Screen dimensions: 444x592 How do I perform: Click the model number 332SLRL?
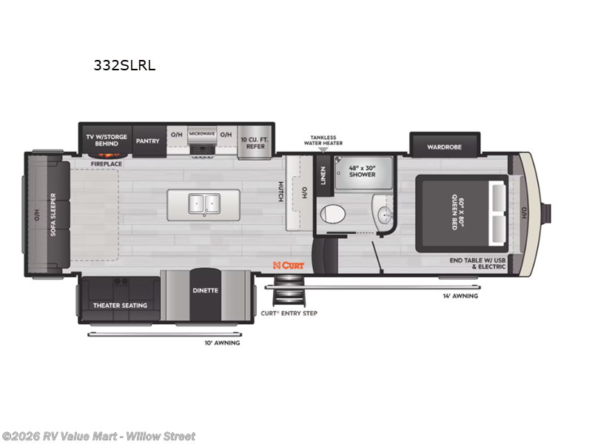pyautogui.click(x=124, y=64)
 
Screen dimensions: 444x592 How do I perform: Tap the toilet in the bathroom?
pyautogui.click(x=333, y=214)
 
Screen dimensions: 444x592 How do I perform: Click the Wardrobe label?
pyautogui.click(x=444, y=147)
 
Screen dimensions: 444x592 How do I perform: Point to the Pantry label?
pyautogui.click(x=147, y=141)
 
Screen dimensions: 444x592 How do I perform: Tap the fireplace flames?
pyautogui.click(x=107, y=155)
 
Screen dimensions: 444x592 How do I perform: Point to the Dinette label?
pyautogui.click(x=206, y=290)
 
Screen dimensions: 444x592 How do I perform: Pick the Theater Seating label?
pyautogui.click(x=120, y=305)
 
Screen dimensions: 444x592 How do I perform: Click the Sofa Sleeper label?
pyautogui.click(x=53, y=214)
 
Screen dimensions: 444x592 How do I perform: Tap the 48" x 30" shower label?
pyautogui.click(x=362, y=171)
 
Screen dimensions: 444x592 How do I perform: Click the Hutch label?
pyautogui.click(x=281, y=191)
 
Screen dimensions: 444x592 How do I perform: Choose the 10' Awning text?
pyautogui.click(x=222, y=343)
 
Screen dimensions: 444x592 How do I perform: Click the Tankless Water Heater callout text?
pyautogui.click(x=323, y=141)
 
